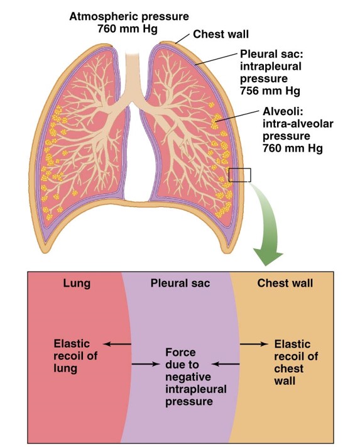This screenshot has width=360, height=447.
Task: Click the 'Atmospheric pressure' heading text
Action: click(x=129, y=16)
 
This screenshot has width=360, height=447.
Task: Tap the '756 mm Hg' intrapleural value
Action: click(x=270, y=91)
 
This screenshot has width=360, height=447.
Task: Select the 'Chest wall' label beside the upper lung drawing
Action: click(x=221, y=34)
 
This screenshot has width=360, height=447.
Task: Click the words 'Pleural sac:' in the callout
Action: click(x=271, y=54)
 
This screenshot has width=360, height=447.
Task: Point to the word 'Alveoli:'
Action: click(x=283, y=111)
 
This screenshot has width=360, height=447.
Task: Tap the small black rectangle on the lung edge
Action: click(x=240, y=175)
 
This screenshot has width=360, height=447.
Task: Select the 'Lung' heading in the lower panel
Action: click(x=77, y=284)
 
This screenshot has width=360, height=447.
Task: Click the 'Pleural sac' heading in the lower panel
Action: click(x=180, y=283)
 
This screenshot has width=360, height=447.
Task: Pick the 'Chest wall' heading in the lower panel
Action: click(x=285, y=283)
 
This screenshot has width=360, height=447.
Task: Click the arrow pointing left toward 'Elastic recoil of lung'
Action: click(x=117, y=344)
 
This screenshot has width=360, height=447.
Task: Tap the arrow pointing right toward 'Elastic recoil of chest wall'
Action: click(x=254, y=344)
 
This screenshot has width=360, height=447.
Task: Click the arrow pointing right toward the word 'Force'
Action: click(x=145, y=364)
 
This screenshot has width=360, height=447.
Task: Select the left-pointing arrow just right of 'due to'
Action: click(x=226, y=364)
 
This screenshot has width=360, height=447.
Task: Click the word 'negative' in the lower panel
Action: click(x=188, y=377)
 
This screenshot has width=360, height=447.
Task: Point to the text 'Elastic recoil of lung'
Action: click(x=75, y=356)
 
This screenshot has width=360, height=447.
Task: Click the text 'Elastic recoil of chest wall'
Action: click(x=296, y=362)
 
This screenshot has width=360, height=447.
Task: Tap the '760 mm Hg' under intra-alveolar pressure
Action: click(x=293, y=148)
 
